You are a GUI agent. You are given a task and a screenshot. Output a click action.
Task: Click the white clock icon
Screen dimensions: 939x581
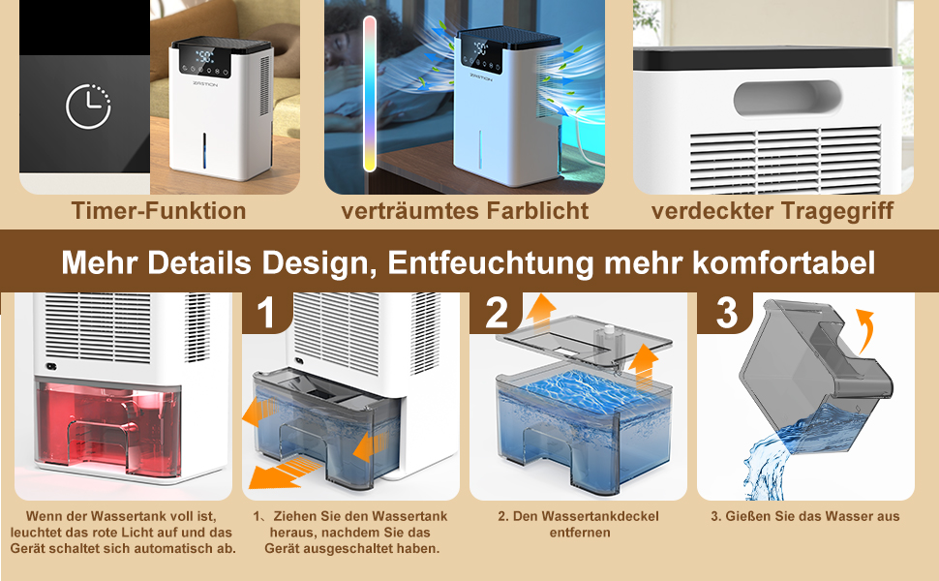[88, 107]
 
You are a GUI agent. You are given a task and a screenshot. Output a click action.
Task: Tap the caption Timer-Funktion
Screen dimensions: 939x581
[159, 210]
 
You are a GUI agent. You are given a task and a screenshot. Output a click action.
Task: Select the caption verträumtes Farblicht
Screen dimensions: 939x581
[465, 210]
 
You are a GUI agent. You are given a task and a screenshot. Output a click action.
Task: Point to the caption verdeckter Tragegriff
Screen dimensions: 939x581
[772, 210]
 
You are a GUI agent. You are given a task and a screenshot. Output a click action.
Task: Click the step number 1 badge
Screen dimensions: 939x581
[266, 312]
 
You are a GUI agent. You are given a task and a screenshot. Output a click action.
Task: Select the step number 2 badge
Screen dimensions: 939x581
[495, 312]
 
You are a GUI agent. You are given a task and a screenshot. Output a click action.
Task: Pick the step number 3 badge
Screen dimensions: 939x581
[725, 312]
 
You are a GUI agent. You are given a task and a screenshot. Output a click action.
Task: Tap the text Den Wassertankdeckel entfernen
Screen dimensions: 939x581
[578, 524]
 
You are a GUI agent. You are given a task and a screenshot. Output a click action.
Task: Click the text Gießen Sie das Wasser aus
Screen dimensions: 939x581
[805, 516]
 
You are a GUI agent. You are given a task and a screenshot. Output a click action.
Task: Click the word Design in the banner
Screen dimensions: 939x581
[315, 261]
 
